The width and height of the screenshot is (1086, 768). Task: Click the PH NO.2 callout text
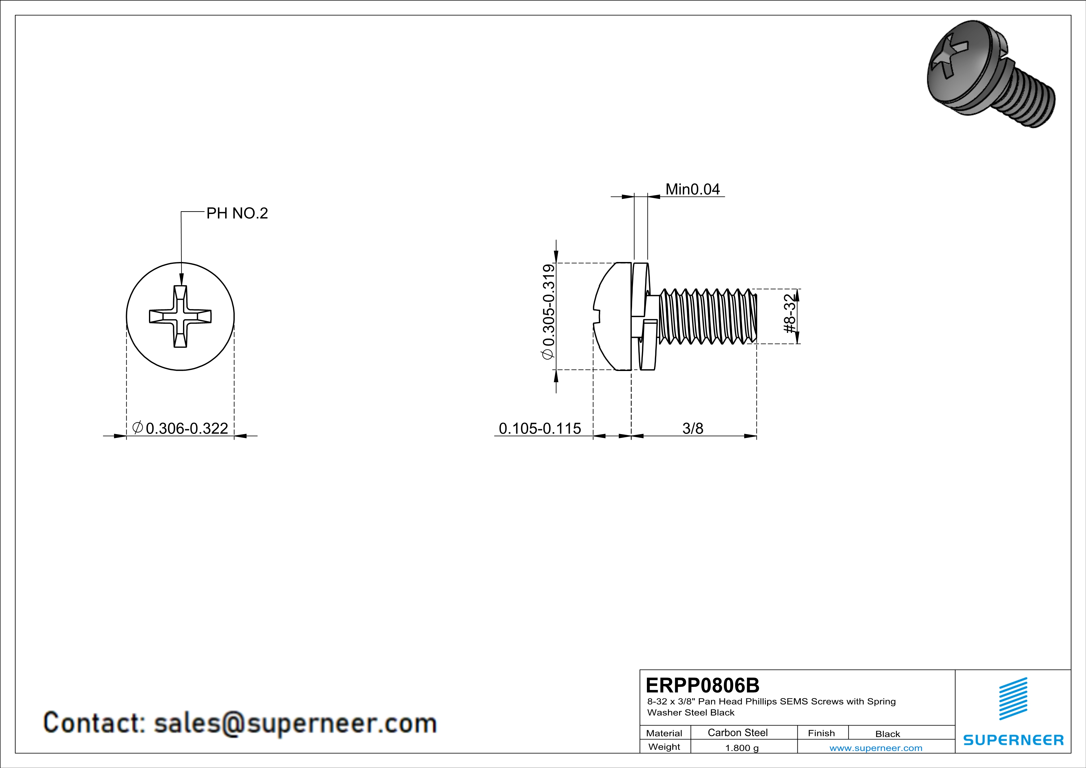pos(237,213)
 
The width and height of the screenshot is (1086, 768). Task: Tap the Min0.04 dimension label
pos(692,189)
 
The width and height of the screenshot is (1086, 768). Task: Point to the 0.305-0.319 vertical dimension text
pos(549,312)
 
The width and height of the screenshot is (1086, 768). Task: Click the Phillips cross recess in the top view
pos(180,316)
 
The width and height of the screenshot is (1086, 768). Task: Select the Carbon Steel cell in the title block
pos(737,732)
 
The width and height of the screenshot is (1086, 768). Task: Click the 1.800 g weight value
pos(742,748)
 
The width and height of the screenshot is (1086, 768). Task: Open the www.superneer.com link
pos(875,748)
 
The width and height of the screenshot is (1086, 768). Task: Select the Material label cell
pos(664,733)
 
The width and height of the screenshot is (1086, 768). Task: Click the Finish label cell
pos(821,733)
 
